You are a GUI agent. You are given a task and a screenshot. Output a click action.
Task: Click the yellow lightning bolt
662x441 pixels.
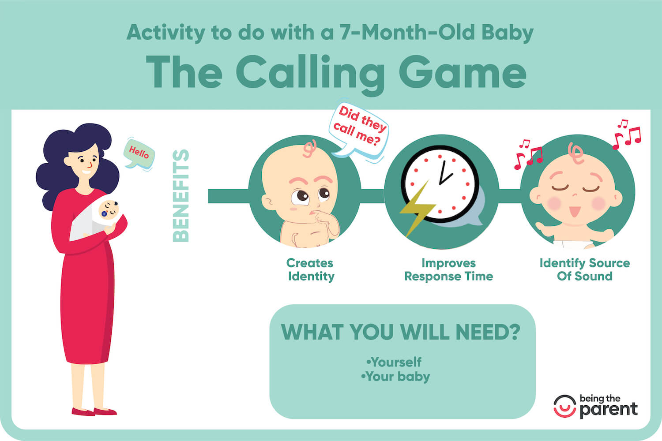[417, 207]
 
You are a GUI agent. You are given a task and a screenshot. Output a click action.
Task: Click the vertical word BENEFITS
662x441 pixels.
[181, 195]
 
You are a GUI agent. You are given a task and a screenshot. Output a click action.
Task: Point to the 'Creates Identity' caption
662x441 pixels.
[310, 269]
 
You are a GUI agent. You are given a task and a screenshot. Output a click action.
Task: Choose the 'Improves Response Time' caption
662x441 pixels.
[448, 269]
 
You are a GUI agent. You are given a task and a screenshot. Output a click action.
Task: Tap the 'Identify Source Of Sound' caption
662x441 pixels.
[584, 269]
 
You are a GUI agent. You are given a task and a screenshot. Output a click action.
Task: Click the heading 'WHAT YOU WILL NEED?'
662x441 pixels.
[401, 332]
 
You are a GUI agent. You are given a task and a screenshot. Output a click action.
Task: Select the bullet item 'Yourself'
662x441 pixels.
[395, 362]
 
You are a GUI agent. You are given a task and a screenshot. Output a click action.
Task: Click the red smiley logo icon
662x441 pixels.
[564, 406]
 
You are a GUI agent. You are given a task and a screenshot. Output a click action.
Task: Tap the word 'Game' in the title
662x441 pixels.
[463, 73]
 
